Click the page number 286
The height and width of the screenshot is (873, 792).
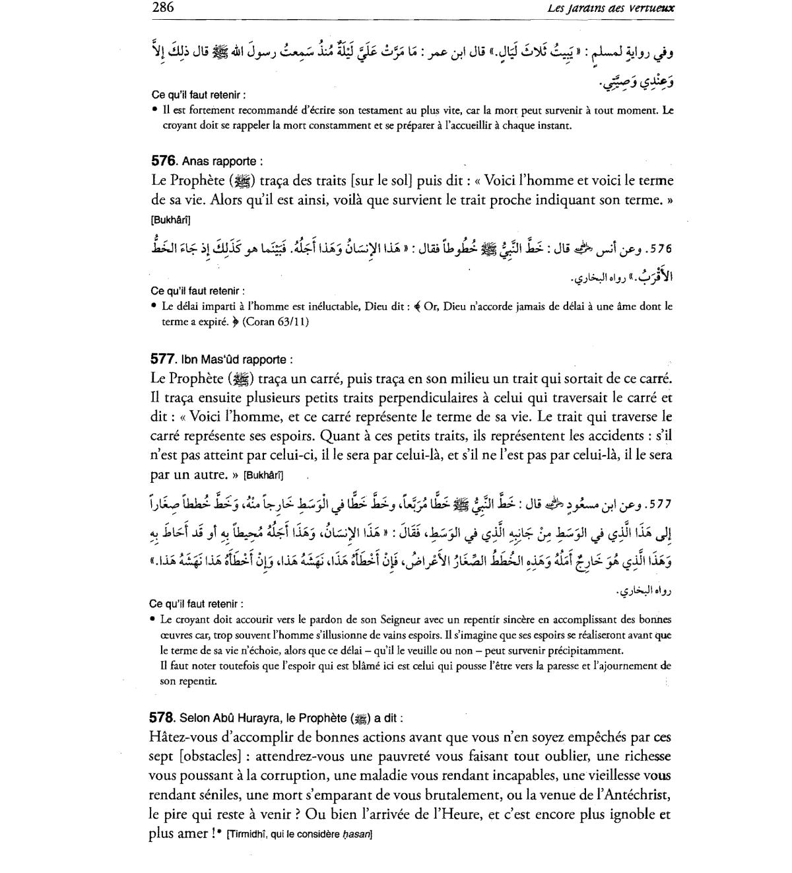tap(162, 8)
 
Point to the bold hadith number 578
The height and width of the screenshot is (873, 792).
tap(162, 718)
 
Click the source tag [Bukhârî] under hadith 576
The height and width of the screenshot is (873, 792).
tap(170, 220)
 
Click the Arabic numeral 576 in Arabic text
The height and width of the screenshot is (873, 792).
tap(659, 250)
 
